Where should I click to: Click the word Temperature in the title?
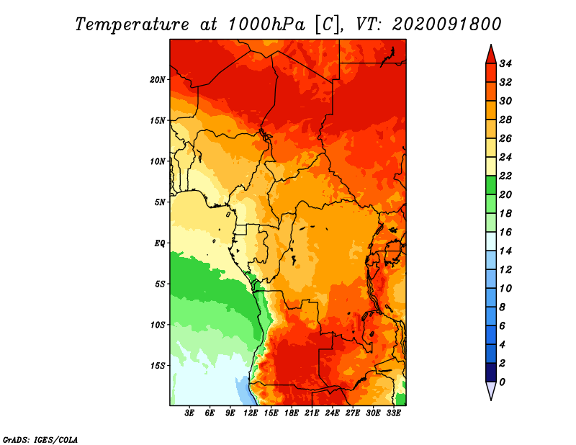pyautogui.click(x=132, y=24)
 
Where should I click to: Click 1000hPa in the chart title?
pyautogui.click(x=266, y=24)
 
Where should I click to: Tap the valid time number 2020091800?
pyautogui.click(x=446, y=24)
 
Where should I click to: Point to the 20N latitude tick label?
pyautogui.click(x=158, y=80)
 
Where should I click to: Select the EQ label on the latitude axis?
pyautogui.click(x=160, y=243)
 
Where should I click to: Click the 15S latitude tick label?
pyautogui.click(x=158, y=366)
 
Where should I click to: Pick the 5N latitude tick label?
pyautogui.click(x=160, y=202)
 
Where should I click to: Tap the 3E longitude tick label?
pyautogui.click(x=189, y=413)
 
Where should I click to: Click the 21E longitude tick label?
pyautogui.click(x=312, y=413)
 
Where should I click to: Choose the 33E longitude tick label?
pyautogui.click(x=393, y=413)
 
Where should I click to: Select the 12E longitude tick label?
pyautogui.click(x=250, y=413)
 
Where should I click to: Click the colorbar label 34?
pyautogui.click(x=505, y=63)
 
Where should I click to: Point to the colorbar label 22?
pyautogui.click(x=505, y=176)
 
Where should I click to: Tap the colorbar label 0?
pyautogui.click(x=502, y=382)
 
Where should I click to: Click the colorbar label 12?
pyautogui.click(x=505, y=270)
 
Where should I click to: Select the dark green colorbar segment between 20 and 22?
pyautogui.click(x=491, y=185)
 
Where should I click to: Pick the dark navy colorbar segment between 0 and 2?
pyautogui.click(x=491, y=372)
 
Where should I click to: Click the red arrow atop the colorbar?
pyautogui.click(x=491, y=55)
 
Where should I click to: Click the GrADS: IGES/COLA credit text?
pyautogui.click(x=40, y=440)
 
